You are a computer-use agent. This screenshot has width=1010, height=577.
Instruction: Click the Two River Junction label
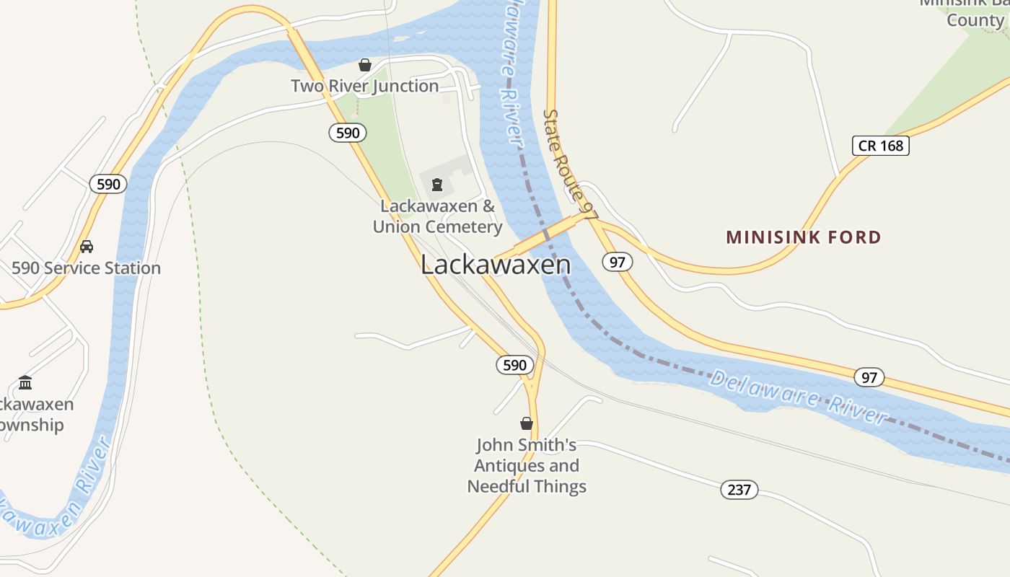point(364,86)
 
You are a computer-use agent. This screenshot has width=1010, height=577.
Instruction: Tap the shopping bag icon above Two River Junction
point(365,65)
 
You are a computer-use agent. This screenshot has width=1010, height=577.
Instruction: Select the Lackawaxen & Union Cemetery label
point(437,216)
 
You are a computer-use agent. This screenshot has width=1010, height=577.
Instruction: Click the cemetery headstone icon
point(436,185)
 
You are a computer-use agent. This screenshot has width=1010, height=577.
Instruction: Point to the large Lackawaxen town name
point(496,265)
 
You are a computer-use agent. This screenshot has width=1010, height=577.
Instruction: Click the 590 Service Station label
point(86,268)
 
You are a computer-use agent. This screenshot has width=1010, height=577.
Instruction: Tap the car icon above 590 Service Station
point(87,247)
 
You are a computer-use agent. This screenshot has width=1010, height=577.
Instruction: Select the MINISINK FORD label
point(803,237)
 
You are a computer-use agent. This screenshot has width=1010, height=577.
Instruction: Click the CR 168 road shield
point(880,146)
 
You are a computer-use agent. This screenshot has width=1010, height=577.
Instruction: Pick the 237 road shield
point(739,490)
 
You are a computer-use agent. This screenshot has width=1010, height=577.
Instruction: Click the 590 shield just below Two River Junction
point(348,133)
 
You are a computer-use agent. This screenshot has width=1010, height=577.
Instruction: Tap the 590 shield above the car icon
point(108,184)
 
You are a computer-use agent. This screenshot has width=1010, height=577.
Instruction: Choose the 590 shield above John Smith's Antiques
point(514,365)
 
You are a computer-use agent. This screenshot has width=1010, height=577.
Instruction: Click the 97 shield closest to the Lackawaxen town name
point(617,262)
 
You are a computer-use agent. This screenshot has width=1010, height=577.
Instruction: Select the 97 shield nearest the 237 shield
point(869,377)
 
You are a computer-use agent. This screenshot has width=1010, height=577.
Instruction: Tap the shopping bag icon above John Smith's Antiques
point(527,423)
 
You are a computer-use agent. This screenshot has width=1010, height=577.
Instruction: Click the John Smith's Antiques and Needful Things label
point(527,466)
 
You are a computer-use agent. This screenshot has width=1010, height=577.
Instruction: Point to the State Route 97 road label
point(570,165)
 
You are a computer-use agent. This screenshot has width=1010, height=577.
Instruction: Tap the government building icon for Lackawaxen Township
point(25,382)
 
